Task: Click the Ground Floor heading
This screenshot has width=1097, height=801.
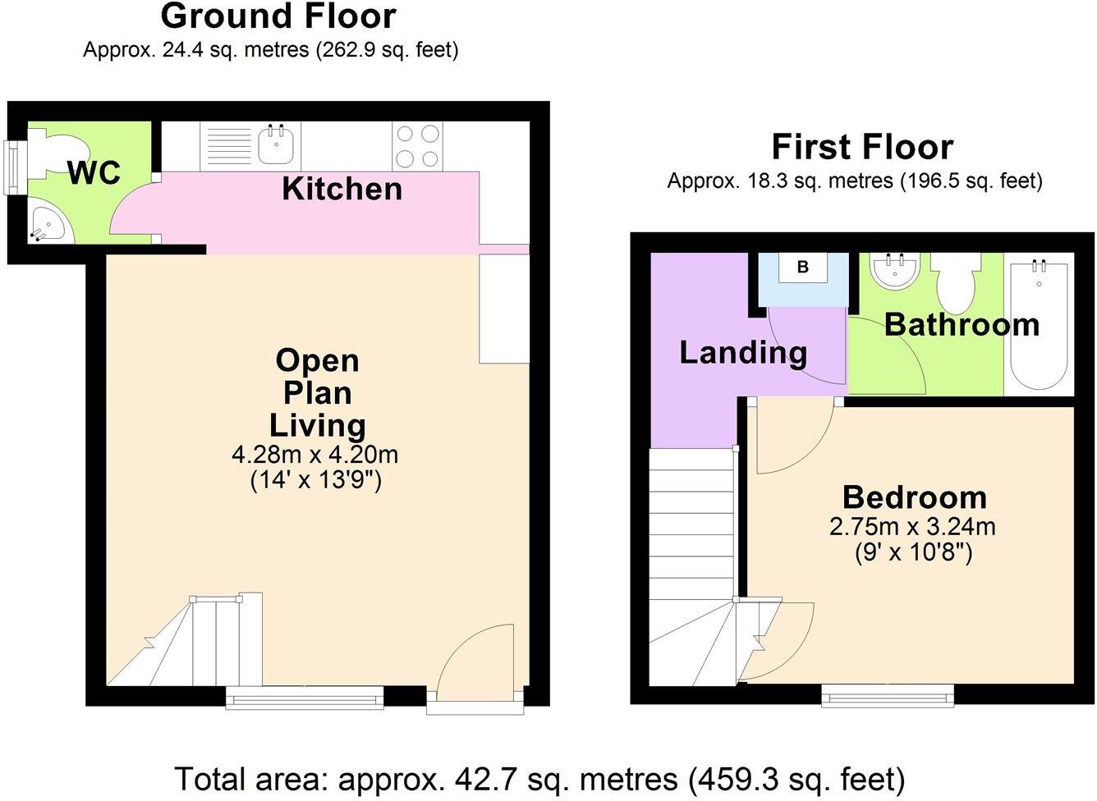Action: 278,16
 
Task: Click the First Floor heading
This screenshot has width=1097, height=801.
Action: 862,147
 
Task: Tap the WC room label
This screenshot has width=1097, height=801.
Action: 94,173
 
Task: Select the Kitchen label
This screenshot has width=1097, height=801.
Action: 342,189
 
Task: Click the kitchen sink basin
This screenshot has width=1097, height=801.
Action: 277,145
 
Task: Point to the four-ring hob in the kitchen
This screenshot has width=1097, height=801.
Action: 417,145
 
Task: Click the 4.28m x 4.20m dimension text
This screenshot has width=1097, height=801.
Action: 315,454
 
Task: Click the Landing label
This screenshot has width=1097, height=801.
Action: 743,352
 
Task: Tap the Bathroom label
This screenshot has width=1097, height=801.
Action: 962,325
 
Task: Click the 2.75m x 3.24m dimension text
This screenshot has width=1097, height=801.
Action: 912,526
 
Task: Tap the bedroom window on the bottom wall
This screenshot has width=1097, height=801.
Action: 888,696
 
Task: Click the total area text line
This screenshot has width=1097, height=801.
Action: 539,778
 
